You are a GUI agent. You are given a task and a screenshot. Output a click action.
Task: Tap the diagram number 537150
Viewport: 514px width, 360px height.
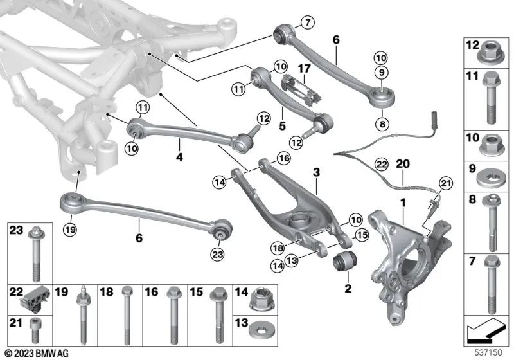pos(489,353)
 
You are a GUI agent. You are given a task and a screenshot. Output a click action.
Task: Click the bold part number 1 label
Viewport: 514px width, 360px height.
pos(403,203)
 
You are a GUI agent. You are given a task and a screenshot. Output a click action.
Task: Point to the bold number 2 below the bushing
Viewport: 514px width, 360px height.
pos(348,289)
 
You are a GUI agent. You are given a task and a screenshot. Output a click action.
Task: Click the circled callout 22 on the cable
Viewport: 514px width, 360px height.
pos(382,165)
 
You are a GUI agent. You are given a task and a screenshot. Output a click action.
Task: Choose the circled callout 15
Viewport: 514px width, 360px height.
pos(361,236)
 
